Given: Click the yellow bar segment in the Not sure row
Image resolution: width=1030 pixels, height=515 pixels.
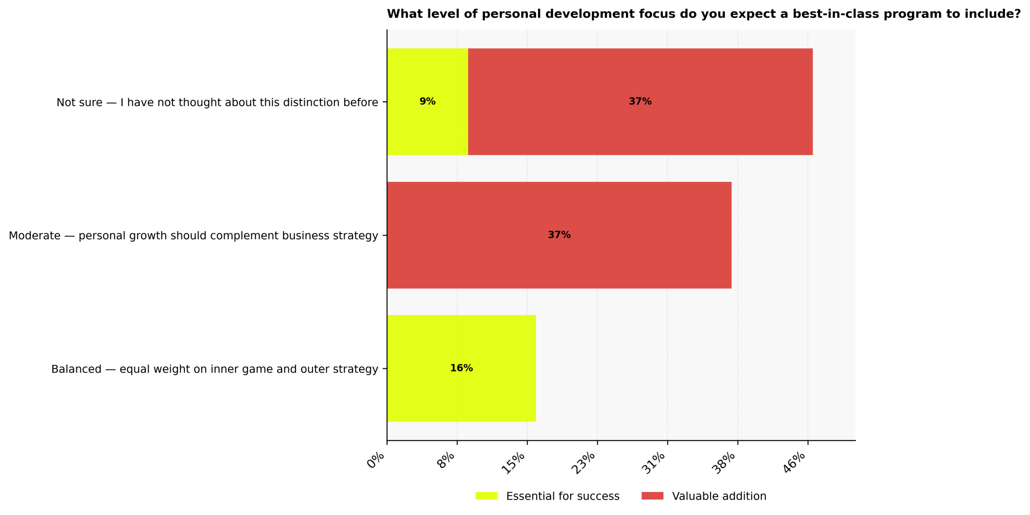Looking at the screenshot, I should (x=427, y=121).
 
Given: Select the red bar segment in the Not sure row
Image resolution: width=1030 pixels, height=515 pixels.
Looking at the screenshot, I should (x=640, y=125).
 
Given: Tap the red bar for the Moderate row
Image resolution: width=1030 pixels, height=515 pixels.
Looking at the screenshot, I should (x=559, y=258).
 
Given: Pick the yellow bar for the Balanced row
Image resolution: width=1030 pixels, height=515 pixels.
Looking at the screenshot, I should (x=461, y=391).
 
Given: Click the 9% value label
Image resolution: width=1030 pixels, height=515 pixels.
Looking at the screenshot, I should (x=427, y=101).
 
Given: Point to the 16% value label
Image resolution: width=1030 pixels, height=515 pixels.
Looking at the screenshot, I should (x=461, y=368).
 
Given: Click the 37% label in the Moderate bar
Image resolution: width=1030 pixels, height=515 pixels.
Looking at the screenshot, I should (x=559, y=235).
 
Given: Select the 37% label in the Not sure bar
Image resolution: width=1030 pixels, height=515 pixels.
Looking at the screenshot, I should (x=640, y=101).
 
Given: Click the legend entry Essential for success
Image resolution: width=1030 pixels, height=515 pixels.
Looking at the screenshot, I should (x=562, y=496).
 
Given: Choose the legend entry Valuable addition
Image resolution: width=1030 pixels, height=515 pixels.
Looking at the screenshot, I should (x=719, y=496).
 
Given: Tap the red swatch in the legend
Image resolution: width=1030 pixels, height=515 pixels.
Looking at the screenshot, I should (x=652, y=496).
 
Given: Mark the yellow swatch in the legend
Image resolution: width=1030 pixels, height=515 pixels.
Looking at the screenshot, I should (x=486, y=496).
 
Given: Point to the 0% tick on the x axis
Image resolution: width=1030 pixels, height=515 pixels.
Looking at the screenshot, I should (x=376, y=460).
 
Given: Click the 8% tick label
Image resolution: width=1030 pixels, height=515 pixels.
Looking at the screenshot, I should (x=446, y=460).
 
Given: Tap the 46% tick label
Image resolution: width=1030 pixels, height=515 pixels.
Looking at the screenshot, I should (x=794, y=462).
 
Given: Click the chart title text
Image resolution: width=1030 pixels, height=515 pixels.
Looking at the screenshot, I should (x=704, y=14).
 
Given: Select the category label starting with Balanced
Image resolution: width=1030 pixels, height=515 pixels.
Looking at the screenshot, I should (x=214, y=369).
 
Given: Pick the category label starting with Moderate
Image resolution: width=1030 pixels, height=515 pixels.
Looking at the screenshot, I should (x=193, y=236).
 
